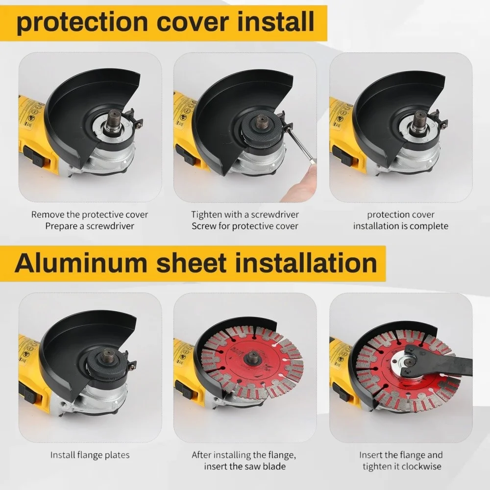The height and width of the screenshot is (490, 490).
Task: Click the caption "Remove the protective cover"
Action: click(90, 215)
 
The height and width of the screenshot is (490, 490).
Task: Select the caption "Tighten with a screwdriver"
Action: click(245, 215)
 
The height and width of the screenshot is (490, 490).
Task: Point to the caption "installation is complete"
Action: click(400, 226)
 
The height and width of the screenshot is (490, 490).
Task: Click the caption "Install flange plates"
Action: click(90, 455)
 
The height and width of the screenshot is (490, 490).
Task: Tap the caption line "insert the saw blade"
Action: click(245, 466)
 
